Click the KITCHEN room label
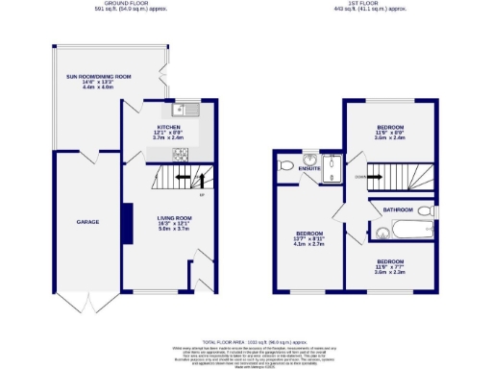pyautogui.click(x=170, y=126)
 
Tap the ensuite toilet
pyautogui.click(x=284, y=166)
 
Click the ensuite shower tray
pyautogui.click(x=332, y=166)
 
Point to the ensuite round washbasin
pyautogui.click(x=309, y=160)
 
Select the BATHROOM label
pyautogui.click(x=397, y=209)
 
